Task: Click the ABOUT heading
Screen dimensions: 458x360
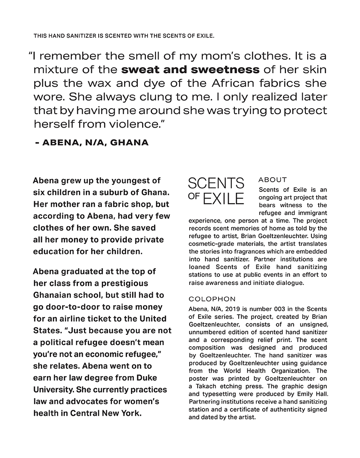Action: point(272,180)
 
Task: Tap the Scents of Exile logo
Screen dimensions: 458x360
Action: point(216,191)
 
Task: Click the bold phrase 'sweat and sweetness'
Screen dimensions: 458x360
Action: point(190,70)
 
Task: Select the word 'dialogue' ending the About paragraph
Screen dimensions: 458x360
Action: point(291,282)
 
